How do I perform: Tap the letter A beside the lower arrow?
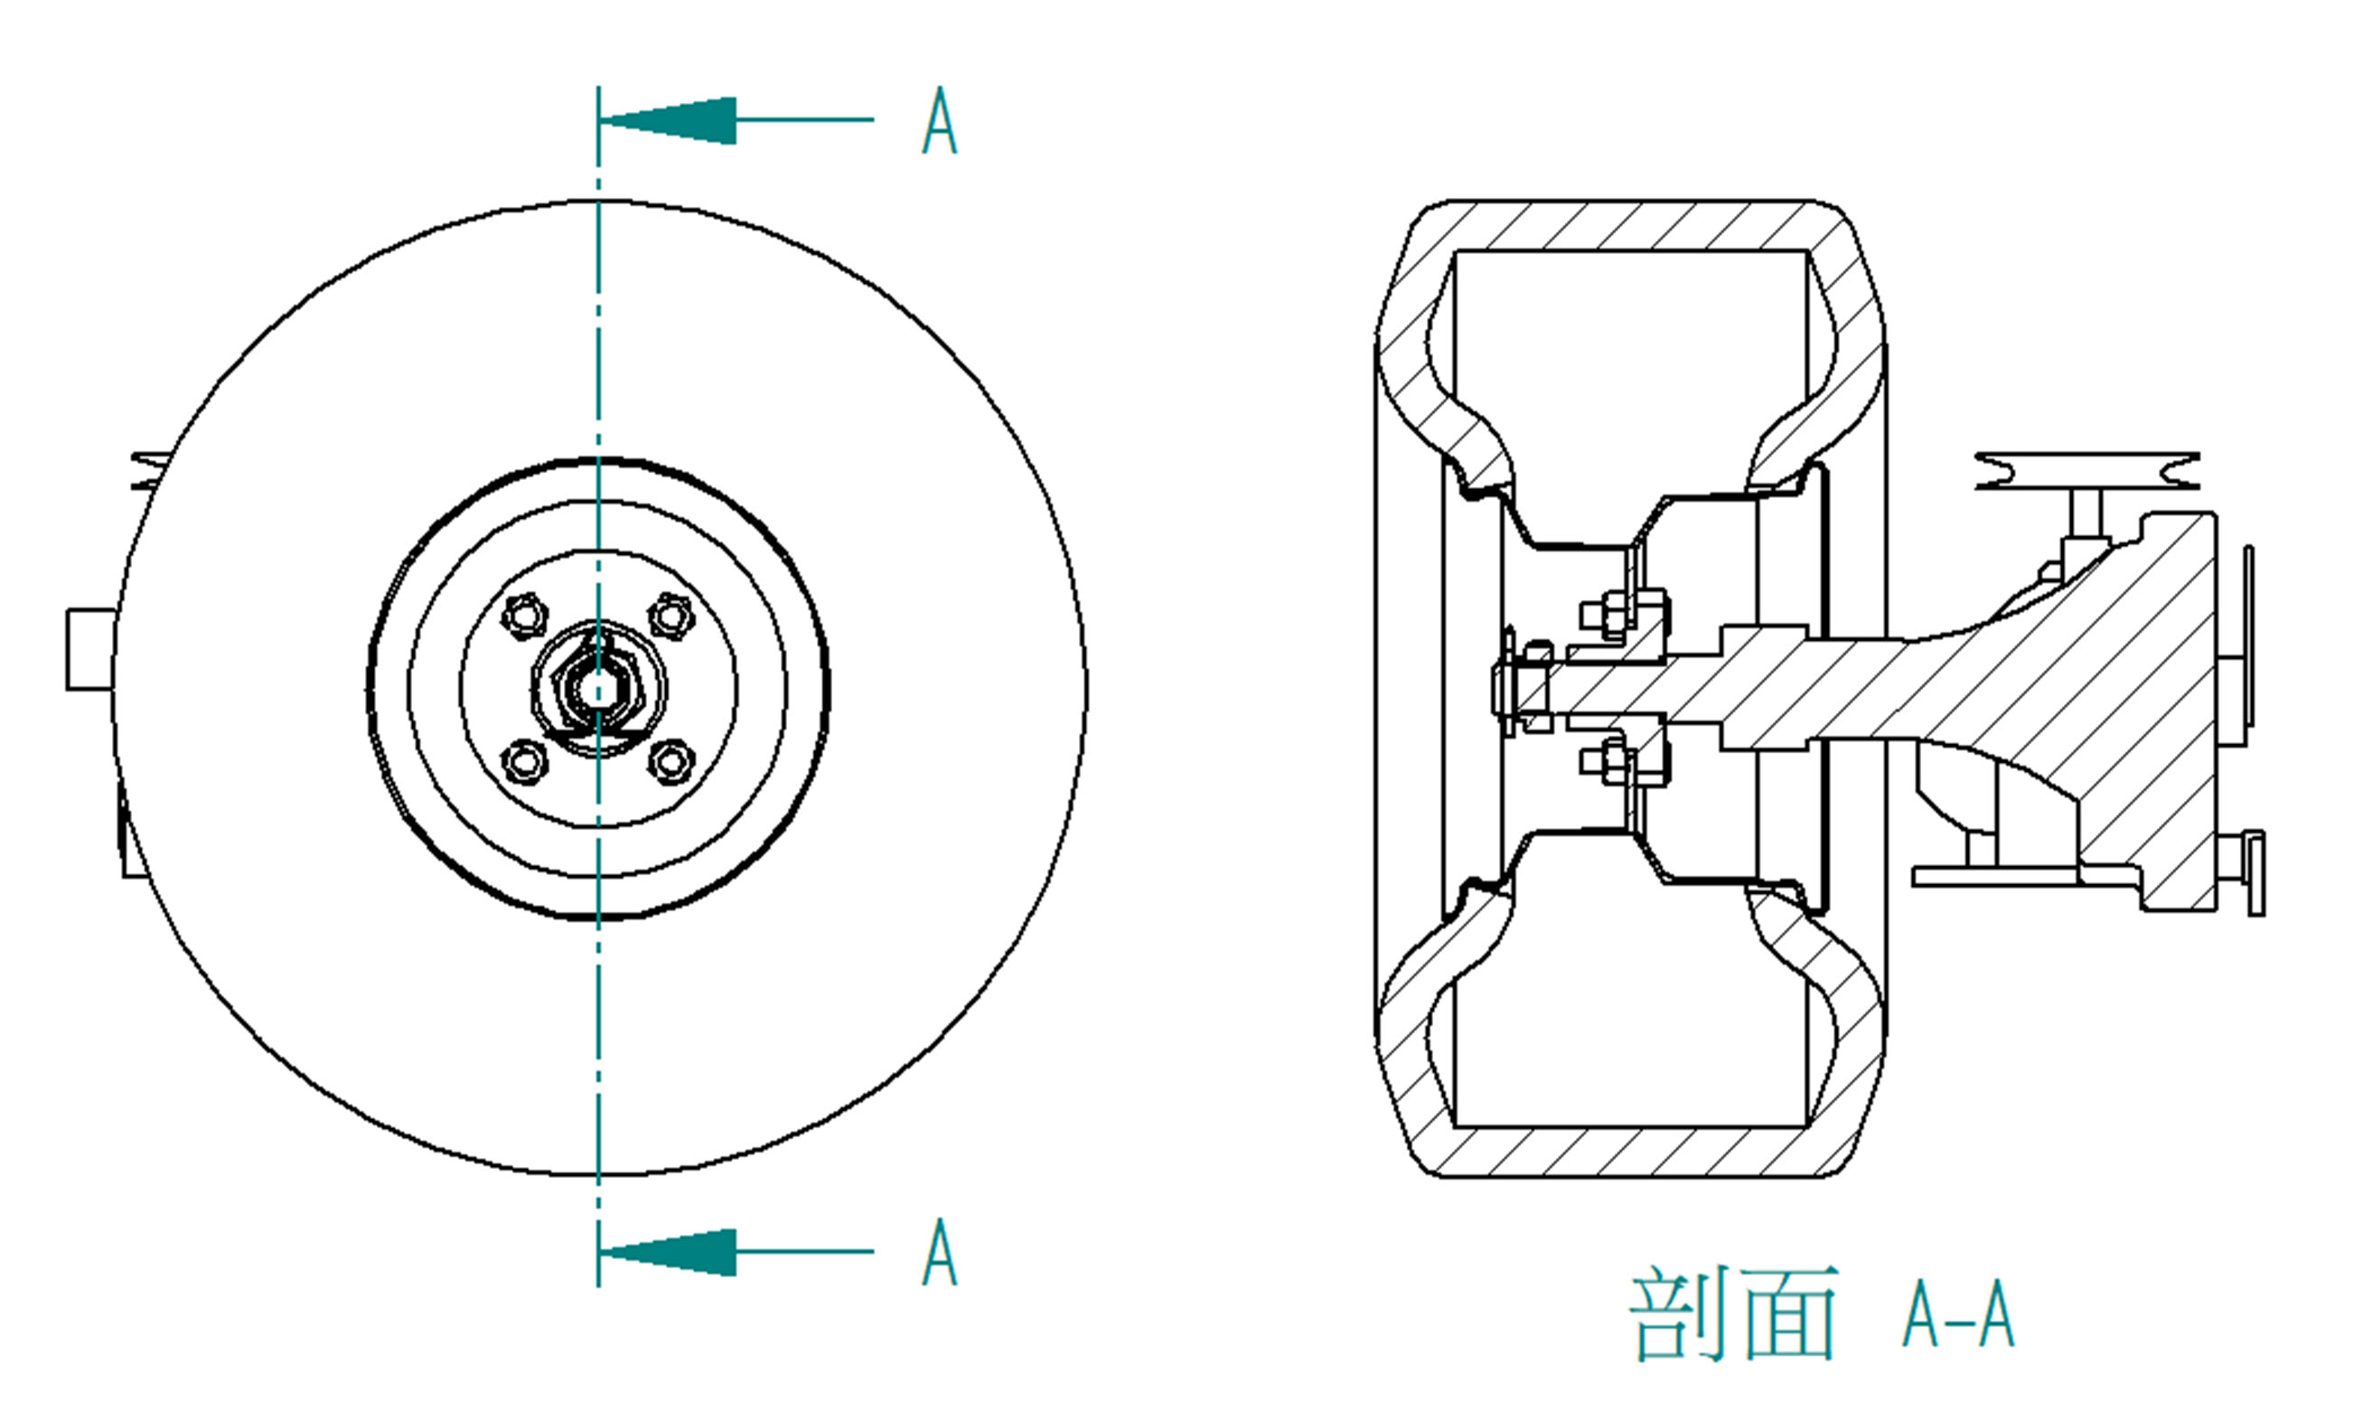[x=939, y=1253]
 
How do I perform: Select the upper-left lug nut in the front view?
[x=525, y=615]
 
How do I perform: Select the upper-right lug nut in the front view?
[x=671, y=615]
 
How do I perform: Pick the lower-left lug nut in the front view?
[x=525, y=761]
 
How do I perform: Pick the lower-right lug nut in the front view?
[x=671, y=761]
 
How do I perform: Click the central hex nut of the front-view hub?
[x=598, y=687]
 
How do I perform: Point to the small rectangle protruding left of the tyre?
[x=90, y=649]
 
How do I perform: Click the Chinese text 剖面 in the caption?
[x=1733, y=1313]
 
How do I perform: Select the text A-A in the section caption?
[x=1958, y=1315]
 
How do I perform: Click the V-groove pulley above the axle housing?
[x=2087, y=471]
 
